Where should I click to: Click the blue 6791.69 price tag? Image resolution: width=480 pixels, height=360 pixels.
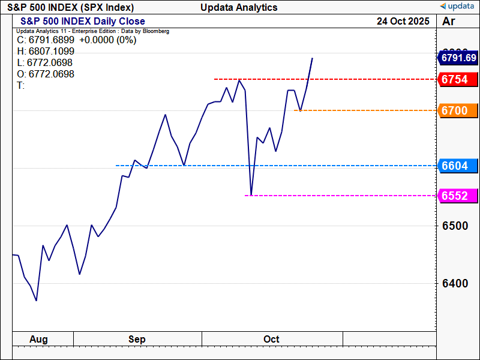point(458,58)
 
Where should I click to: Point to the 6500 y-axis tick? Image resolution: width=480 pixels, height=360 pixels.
point(455,226)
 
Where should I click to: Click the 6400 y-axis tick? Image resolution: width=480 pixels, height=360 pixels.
point(455,283)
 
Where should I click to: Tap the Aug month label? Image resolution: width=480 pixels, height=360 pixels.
point(38,340)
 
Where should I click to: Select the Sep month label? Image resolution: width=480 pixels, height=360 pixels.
point(137,340)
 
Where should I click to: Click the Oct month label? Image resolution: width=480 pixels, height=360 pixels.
point(271,340)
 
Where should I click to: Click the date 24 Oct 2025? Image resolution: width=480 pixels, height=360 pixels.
point(403,21)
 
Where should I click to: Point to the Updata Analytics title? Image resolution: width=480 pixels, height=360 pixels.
point(239,7)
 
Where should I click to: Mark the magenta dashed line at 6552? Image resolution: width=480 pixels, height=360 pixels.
point(342,196)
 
